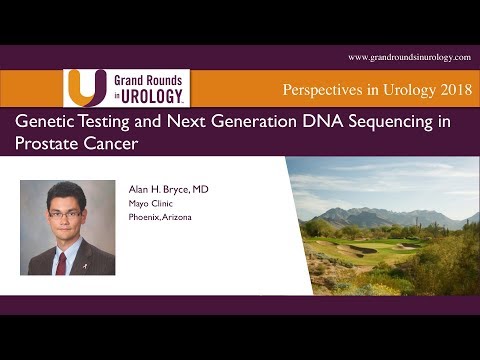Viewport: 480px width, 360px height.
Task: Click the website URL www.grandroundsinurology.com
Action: click(x=409, y=57)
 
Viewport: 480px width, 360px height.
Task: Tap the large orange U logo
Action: click(x=84, y=86)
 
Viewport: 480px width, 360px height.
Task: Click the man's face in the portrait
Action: click(x=66, y=207)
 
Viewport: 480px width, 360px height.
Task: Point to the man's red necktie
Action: click(x=62, y=259)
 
